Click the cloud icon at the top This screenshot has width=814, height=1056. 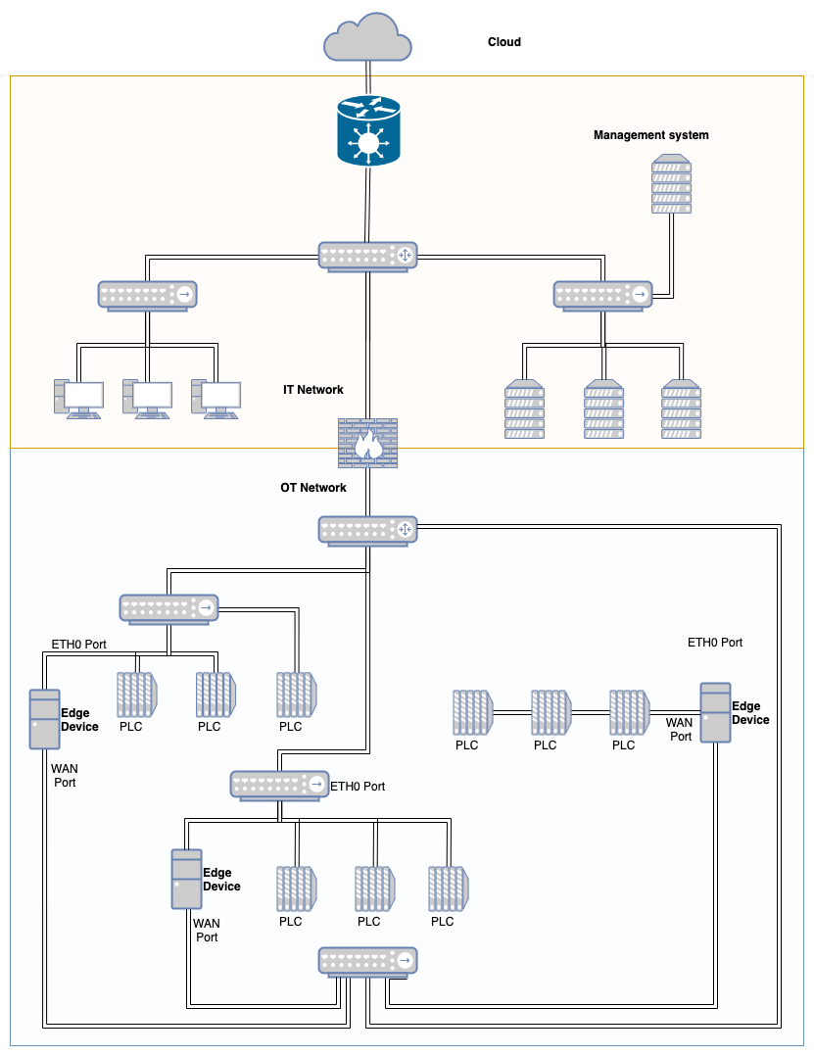pos(367,39)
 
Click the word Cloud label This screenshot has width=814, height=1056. pos(504,42)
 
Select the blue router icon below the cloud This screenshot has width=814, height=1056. pos(368,130)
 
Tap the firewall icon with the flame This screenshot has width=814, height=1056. pos(368,443)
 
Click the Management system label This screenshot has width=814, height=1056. pos(650,134)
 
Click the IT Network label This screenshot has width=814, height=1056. pos(313,390)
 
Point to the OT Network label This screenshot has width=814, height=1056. pos(313,488)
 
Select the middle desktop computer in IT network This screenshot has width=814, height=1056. pos(147,399)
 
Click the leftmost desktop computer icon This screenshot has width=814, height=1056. pos(78,399)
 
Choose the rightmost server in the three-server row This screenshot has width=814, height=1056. pos(682,409)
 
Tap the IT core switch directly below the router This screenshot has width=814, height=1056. pos(368,256)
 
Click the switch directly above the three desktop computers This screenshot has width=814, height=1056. pos(147,294)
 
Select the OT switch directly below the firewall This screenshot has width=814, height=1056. pos(368,530)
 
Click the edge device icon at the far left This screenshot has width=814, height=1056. pos(44,719)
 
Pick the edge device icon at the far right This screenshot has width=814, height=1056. pos(716,712)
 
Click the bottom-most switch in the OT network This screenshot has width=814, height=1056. pos(368,961)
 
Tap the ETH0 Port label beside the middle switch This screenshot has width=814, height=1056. pos(358,787)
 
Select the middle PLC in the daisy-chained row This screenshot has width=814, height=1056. pos(551,713)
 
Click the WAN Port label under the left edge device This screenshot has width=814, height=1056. pos(63,776)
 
